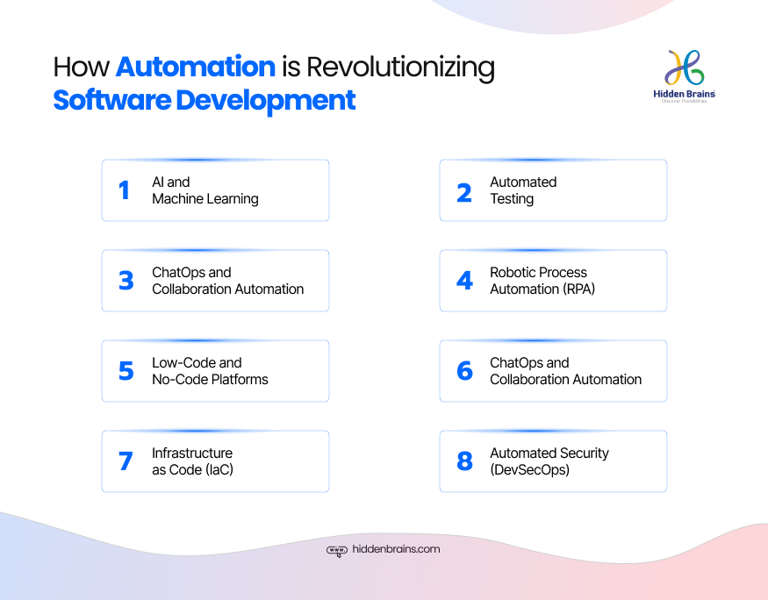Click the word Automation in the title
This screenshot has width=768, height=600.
[196, 68]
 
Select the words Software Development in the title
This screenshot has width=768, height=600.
[205, 100]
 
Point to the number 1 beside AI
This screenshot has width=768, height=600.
[125, 190]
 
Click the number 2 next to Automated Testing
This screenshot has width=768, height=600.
[464, 191]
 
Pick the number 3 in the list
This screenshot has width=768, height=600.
[126, 281]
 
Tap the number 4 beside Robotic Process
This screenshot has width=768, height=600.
[464, 281]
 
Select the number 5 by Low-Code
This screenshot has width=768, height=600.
[126, 371]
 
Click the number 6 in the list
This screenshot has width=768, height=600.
[464, 371]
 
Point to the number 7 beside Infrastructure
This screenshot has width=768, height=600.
[126, 461]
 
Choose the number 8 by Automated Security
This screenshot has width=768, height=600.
[464, 461]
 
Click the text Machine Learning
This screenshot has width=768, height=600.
[205, 199]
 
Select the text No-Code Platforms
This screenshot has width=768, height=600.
[210, 380]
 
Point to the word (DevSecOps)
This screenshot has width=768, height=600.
[530, 470]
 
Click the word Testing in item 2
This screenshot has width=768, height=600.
[512, 199]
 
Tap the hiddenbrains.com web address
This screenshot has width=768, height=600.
[396, 550]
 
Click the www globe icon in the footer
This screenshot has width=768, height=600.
[337, 551]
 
